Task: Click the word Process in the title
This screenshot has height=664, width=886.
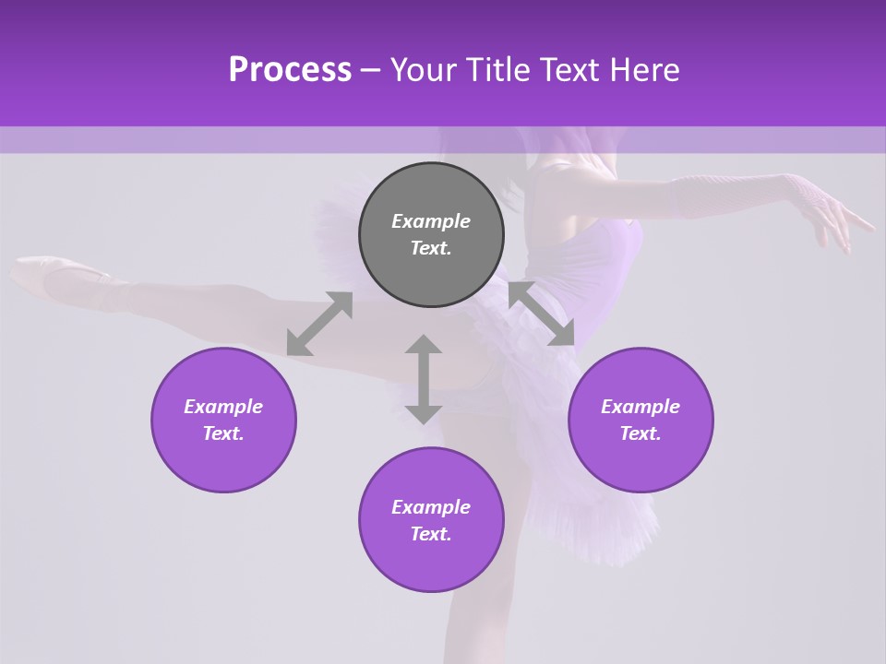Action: pyautogui.click(x=290, y=70)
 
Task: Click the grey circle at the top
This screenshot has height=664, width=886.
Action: pyautogui.click(x=431, y=235)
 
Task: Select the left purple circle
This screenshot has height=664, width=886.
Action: pyautogui.click(x=223, y=420)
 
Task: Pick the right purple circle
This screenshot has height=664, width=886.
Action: pyautogui.click(x=641, y=420)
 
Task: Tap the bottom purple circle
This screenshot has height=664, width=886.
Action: pyautogui.click(x=431, y=520)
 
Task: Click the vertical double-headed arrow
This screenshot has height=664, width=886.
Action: pyautogui.click(x=424, y=379)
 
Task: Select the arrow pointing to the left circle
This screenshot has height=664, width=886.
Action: pyautogui.click(x=319, y=324)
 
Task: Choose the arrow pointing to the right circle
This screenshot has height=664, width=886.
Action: pyautogui.click(x=542, y=314)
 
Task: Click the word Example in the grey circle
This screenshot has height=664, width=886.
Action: pyautogui.click(x=431, y=221)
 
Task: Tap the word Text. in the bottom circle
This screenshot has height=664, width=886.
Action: pyautogui.click(x=431, y=534)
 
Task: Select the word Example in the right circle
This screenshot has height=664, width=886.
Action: pyautogui.click(x=641, y=407)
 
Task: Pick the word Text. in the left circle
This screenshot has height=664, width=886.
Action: pyautogui.click(x=223, y=433)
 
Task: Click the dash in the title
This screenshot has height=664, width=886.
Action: pyautogui.click(x=370, y=70)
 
